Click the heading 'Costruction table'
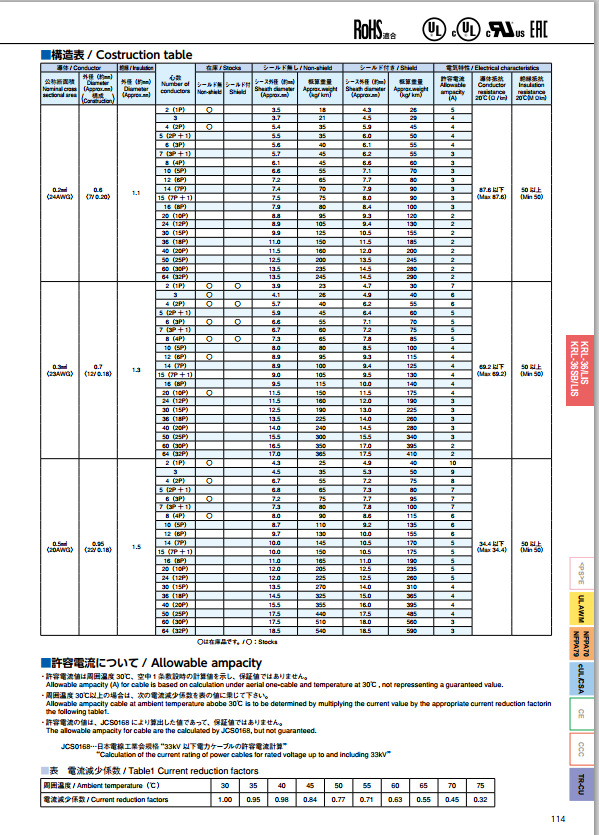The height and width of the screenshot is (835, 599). point(140,54)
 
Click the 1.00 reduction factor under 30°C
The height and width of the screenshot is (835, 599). point(224,800)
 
